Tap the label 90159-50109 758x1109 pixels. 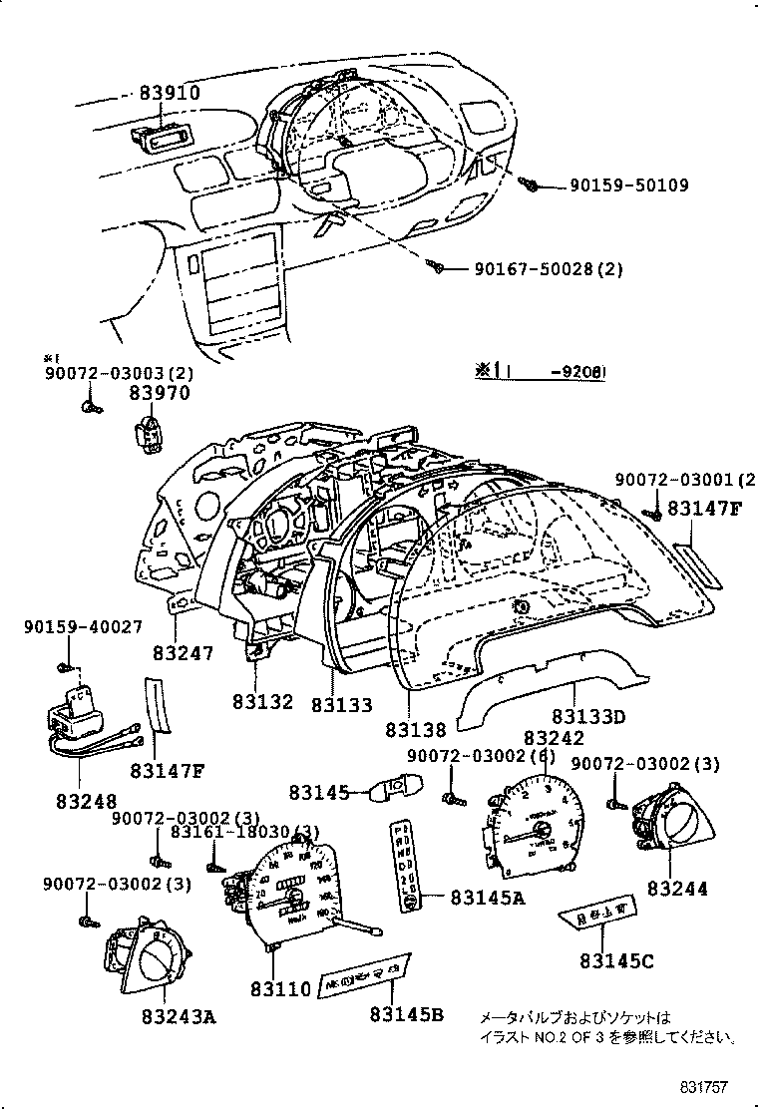pyautogui.click(x=628, y=185)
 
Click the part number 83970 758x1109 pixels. pyautogui.click(x=153, y=396)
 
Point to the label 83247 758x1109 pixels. pyautogui.click(x=184, y=653)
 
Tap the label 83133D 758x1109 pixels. pyautogui.click(x=588, y=716)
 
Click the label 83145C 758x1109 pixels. pyautogui.click(x=617, y=960)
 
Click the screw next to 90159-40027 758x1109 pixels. pyautogui.click(x=65, y=666)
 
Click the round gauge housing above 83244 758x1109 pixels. pyautogui.click(x=664, y=819)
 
